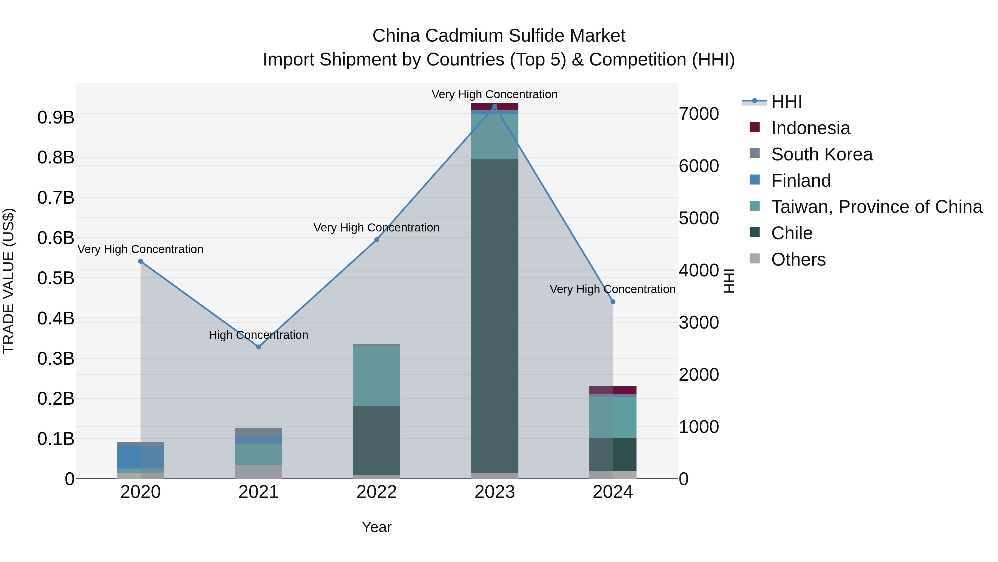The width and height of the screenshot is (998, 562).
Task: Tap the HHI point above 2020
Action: point(140,261)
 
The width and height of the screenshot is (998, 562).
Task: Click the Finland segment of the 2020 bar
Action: point(140,457)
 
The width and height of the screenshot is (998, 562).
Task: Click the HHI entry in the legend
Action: point(786,102)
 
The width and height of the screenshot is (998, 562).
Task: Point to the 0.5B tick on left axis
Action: point(55,278)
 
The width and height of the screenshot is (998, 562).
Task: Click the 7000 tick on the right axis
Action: point(699,114)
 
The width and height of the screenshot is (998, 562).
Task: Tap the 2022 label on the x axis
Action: point(376,492)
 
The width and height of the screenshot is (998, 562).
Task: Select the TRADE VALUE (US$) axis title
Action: point(9,281)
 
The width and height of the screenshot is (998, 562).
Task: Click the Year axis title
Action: point(376,527)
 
